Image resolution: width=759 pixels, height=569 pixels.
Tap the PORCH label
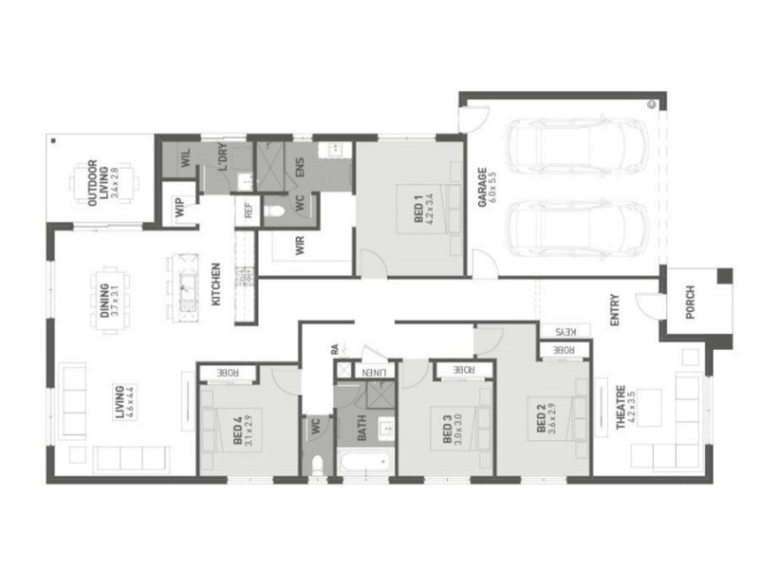690,303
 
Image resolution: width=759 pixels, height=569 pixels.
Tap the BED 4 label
237,429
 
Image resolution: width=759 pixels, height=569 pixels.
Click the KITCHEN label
216,284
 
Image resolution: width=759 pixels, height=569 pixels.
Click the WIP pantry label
179,210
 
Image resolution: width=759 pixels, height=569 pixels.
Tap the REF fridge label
248,211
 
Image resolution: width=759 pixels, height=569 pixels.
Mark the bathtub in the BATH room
364,465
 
